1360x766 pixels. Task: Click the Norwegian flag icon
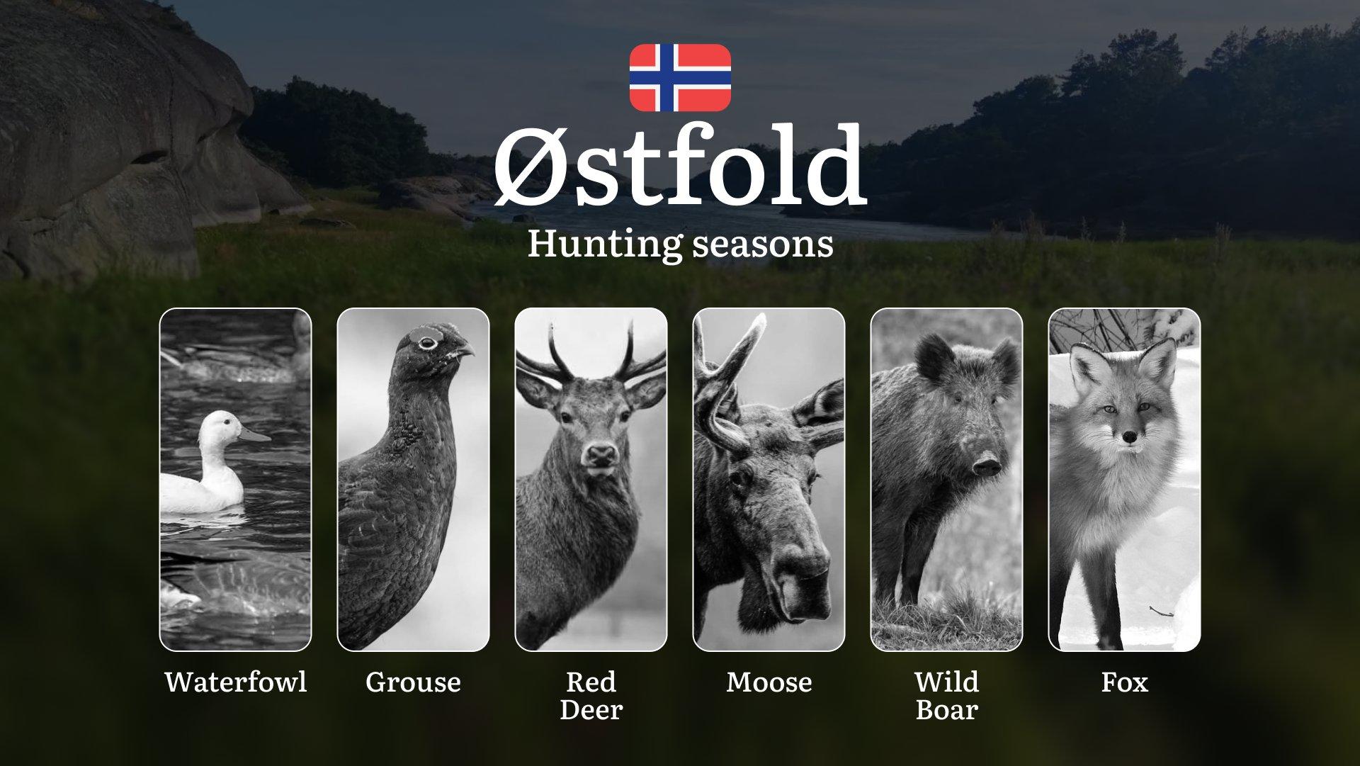pyautogui.click(x=680, y=77)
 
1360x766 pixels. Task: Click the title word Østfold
pyautogui.click(x=679, y=166)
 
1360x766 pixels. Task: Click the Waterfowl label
pyautogui.click(x=236, y=682)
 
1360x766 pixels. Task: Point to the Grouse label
pyautogui.click(x=413, y=682)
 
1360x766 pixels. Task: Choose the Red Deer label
pyautogui.click(x=591, y=695)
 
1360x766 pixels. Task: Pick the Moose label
pyautogui.click(x=769, y=682)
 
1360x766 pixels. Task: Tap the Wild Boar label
pyautogui.click(x=946, y=695)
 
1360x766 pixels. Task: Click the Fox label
pyautogui.click(x=1124, y=682)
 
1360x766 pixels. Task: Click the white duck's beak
pyautogui.click(x=254, y=434)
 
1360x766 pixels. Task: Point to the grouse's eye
pyautogui.click(x=427, y=343)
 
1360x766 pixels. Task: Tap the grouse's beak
pyautogui.click(x=463, y=349)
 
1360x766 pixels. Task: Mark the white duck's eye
pyautogui.click(x=226, y=422)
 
